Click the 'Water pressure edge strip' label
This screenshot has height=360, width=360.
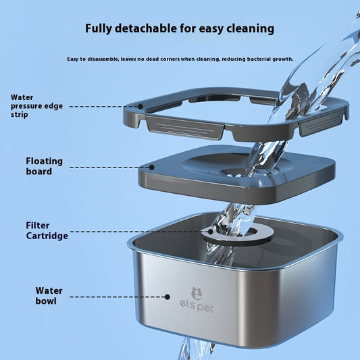[x=32, y=105]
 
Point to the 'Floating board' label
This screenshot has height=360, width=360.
[x=44, y=166]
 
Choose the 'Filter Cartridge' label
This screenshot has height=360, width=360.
[x=47, y=230]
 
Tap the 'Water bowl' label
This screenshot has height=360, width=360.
[x=49, y=295]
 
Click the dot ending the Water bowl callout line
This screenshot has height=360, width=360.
[x=169, y=296]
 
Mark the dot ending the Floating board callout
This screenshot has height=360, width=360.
[x=151, y=167]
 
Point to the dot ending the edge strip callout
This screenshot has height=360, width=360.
[x=140, y=106]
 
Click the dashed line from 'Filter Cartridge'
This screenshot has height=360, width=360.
[x=135, y=232]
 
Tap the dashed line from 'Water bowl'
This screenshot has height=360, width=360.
[x=118, y=296]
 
